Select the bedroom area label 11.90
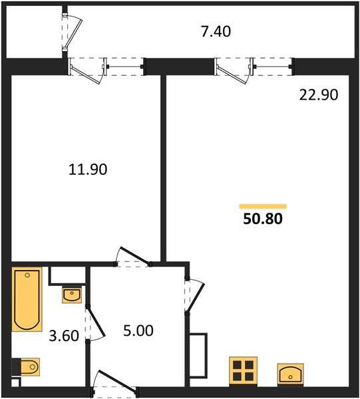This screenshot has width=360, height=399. coord(88,170)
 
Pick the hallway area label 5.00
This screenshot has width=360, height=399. coord(139,330)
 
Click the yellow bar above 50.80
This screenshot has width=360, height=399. coord(263,206)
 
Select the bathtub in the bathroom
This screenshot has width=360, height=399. coord(27,299)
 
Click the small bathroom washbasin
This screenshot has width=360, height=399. coord(72,294)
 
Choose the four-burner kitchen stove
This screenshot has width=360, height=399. coord(243,370)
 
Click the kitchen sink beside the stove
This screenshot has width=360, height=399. coord(290,374)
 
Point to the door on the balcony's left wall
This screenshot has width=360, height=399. coord(73,33)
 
